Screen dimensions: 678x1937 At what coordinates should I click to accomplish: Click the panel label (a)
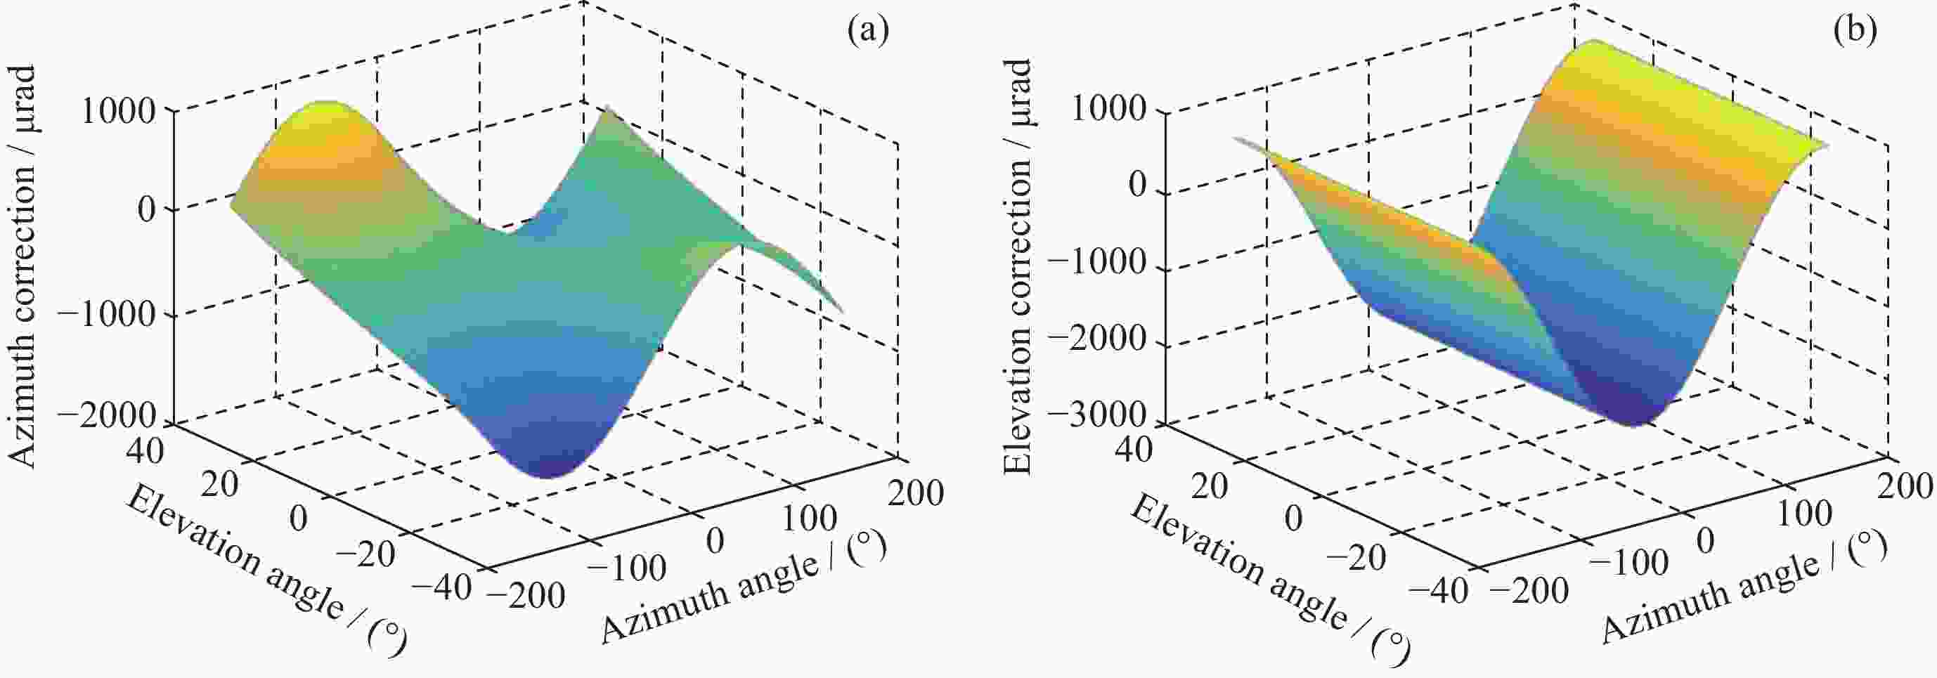pyautogui.click(x=868, y=31)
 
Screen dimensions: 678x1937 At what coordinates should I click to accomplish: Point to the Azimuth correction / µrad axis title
pyautogui.click(x=22, y=267)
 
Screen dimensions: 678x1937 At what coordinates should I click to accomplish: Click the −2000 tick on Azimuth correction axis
pyautogui.click(x=108, y=416)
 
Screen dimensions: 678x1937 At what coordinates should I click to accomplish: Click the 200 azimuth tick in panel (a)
pyautogui.click(x=915, y=494)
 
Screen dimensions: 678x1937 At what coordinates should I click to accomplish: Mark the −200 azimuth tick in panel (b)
pyautogui.click(x=1529, y=591)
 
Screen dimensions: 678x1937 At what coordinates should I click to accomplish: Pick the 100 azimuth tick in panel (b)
pyautogui.click(x=1805, y=514)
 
